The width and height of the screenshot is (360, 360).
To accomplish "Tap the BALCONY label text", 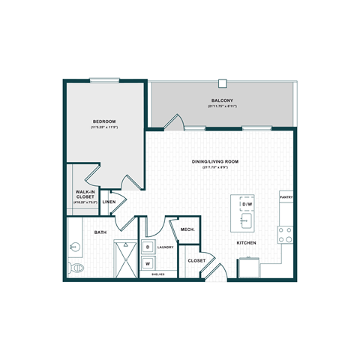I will click(x=220, y=100).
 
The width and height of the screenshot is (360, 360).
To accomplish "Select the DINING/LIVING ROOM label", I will click(x=214, y=160).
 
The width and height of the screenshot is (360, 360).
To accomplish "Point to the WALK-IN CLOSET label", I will click(x=84, y=194).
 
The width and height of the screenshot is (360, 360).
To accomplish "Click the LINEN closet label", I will click(x=109, y=202).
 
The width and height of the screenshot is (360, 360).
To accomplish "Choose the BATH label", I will click(x=100, y=232).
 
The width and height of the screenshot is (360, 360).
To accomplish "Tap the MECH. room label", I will click(x=187, y=229).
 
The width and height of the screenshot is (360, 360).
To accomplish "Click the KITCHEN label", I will click(x=247, y=243).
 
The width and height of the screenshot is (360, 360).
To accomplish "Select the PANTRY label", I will click(x=286, y=198).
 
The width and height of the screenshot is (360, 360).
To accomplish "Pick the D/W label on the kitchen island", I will click(x=246, y=205).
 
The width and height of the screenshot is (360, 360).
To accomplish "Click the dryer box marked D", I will click(x=148, y=247).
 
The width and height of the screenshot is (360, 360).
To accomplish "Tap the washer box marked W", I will click(x=148, y=263).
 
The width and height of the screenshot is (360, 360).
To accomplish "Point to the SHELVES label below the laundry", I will click(x=158, y=274).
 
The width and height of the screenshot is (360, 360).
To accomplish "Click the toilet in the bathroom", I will click(x=77, y=267).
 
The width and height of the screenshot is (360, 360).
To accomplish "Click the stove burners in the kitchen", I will click(x=286, y=235).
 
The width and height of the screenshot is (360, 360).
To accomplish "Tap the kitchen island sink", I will click(x=244, y=220).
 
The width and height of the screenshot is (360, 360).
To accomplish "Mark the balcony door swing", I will click(x=174, y=121).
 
